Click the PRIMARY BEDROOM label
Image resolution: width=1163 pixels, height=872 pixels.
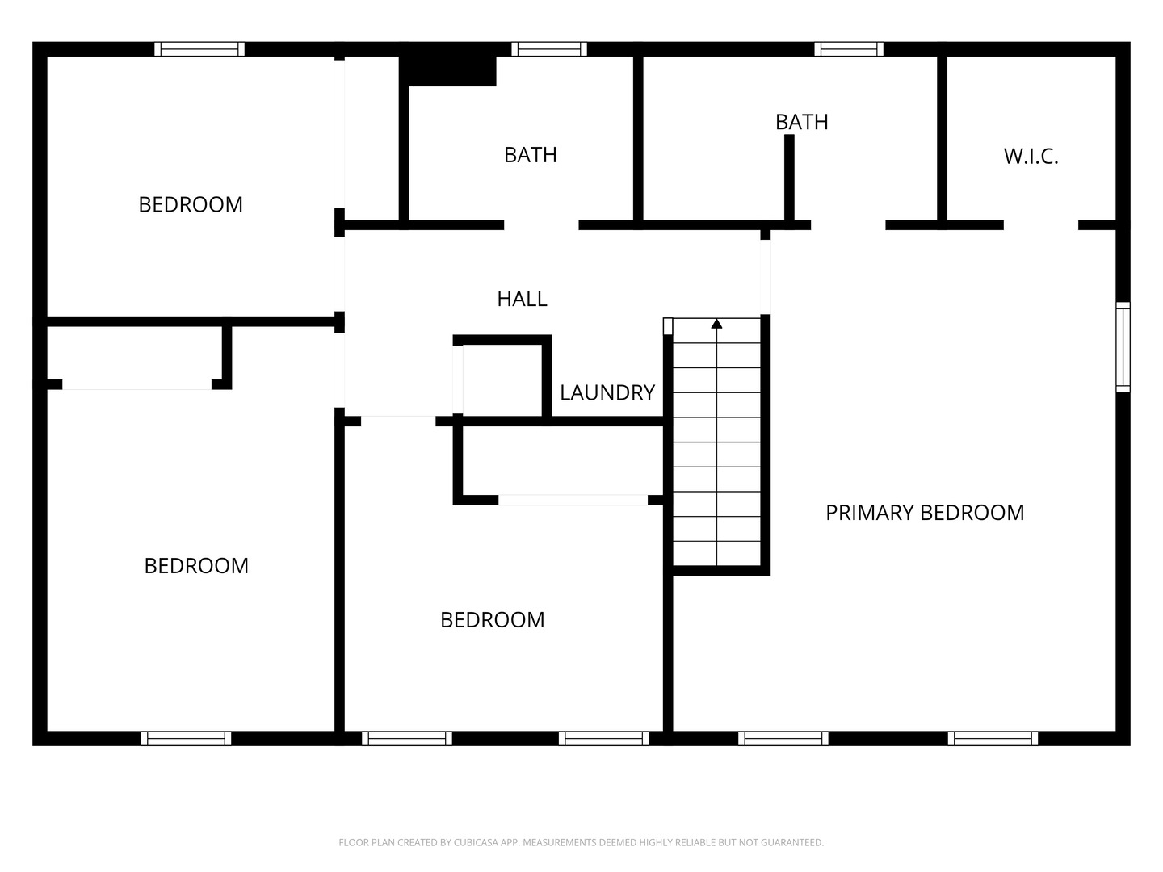pos(925,513)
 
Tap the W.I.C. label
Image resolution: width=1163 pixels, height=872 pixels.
pos(1031,156)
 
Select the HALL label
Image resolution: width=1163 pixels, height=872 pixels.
pos(522,299)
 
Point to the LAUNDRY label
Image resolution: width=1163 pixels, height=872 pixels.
pos(607,392)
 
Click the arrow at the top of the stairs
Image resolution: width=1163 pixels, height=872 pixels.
pos(716,325)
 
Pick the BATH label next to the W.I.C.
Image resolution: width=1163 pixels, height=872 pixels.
pos(801,122)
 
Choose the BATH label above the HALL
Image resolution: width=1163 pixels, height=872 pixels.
pos(530,155)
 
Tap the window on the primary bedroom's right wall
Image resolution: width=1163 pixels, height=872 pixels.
pos(1123,347)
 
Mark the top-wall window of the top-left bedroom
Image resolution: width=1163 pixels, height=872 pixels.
pos(199,49)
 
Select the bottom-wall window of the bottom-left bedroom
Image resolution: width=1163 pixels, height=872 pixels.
pos(186,738)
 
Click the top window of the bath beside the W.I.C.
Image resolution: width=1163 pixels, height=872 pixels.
pos(848,49)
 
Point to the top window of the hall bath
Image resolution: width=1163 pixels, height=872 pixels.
pos(549,49)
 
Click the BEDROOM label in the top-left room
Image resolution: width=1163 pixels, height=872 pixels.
pos(191,205)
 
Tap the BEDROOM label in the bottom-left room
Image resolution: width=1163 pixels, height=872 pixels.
pos(196,566)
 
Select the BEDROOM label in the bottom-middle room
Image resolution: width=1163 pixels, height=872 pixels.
pos(492,620)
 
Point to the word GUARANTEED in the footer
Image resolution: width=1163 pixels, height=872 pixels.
pos(792,843)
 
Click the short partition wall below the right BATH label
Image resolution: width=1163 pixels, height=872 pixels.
pos(789,178)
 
